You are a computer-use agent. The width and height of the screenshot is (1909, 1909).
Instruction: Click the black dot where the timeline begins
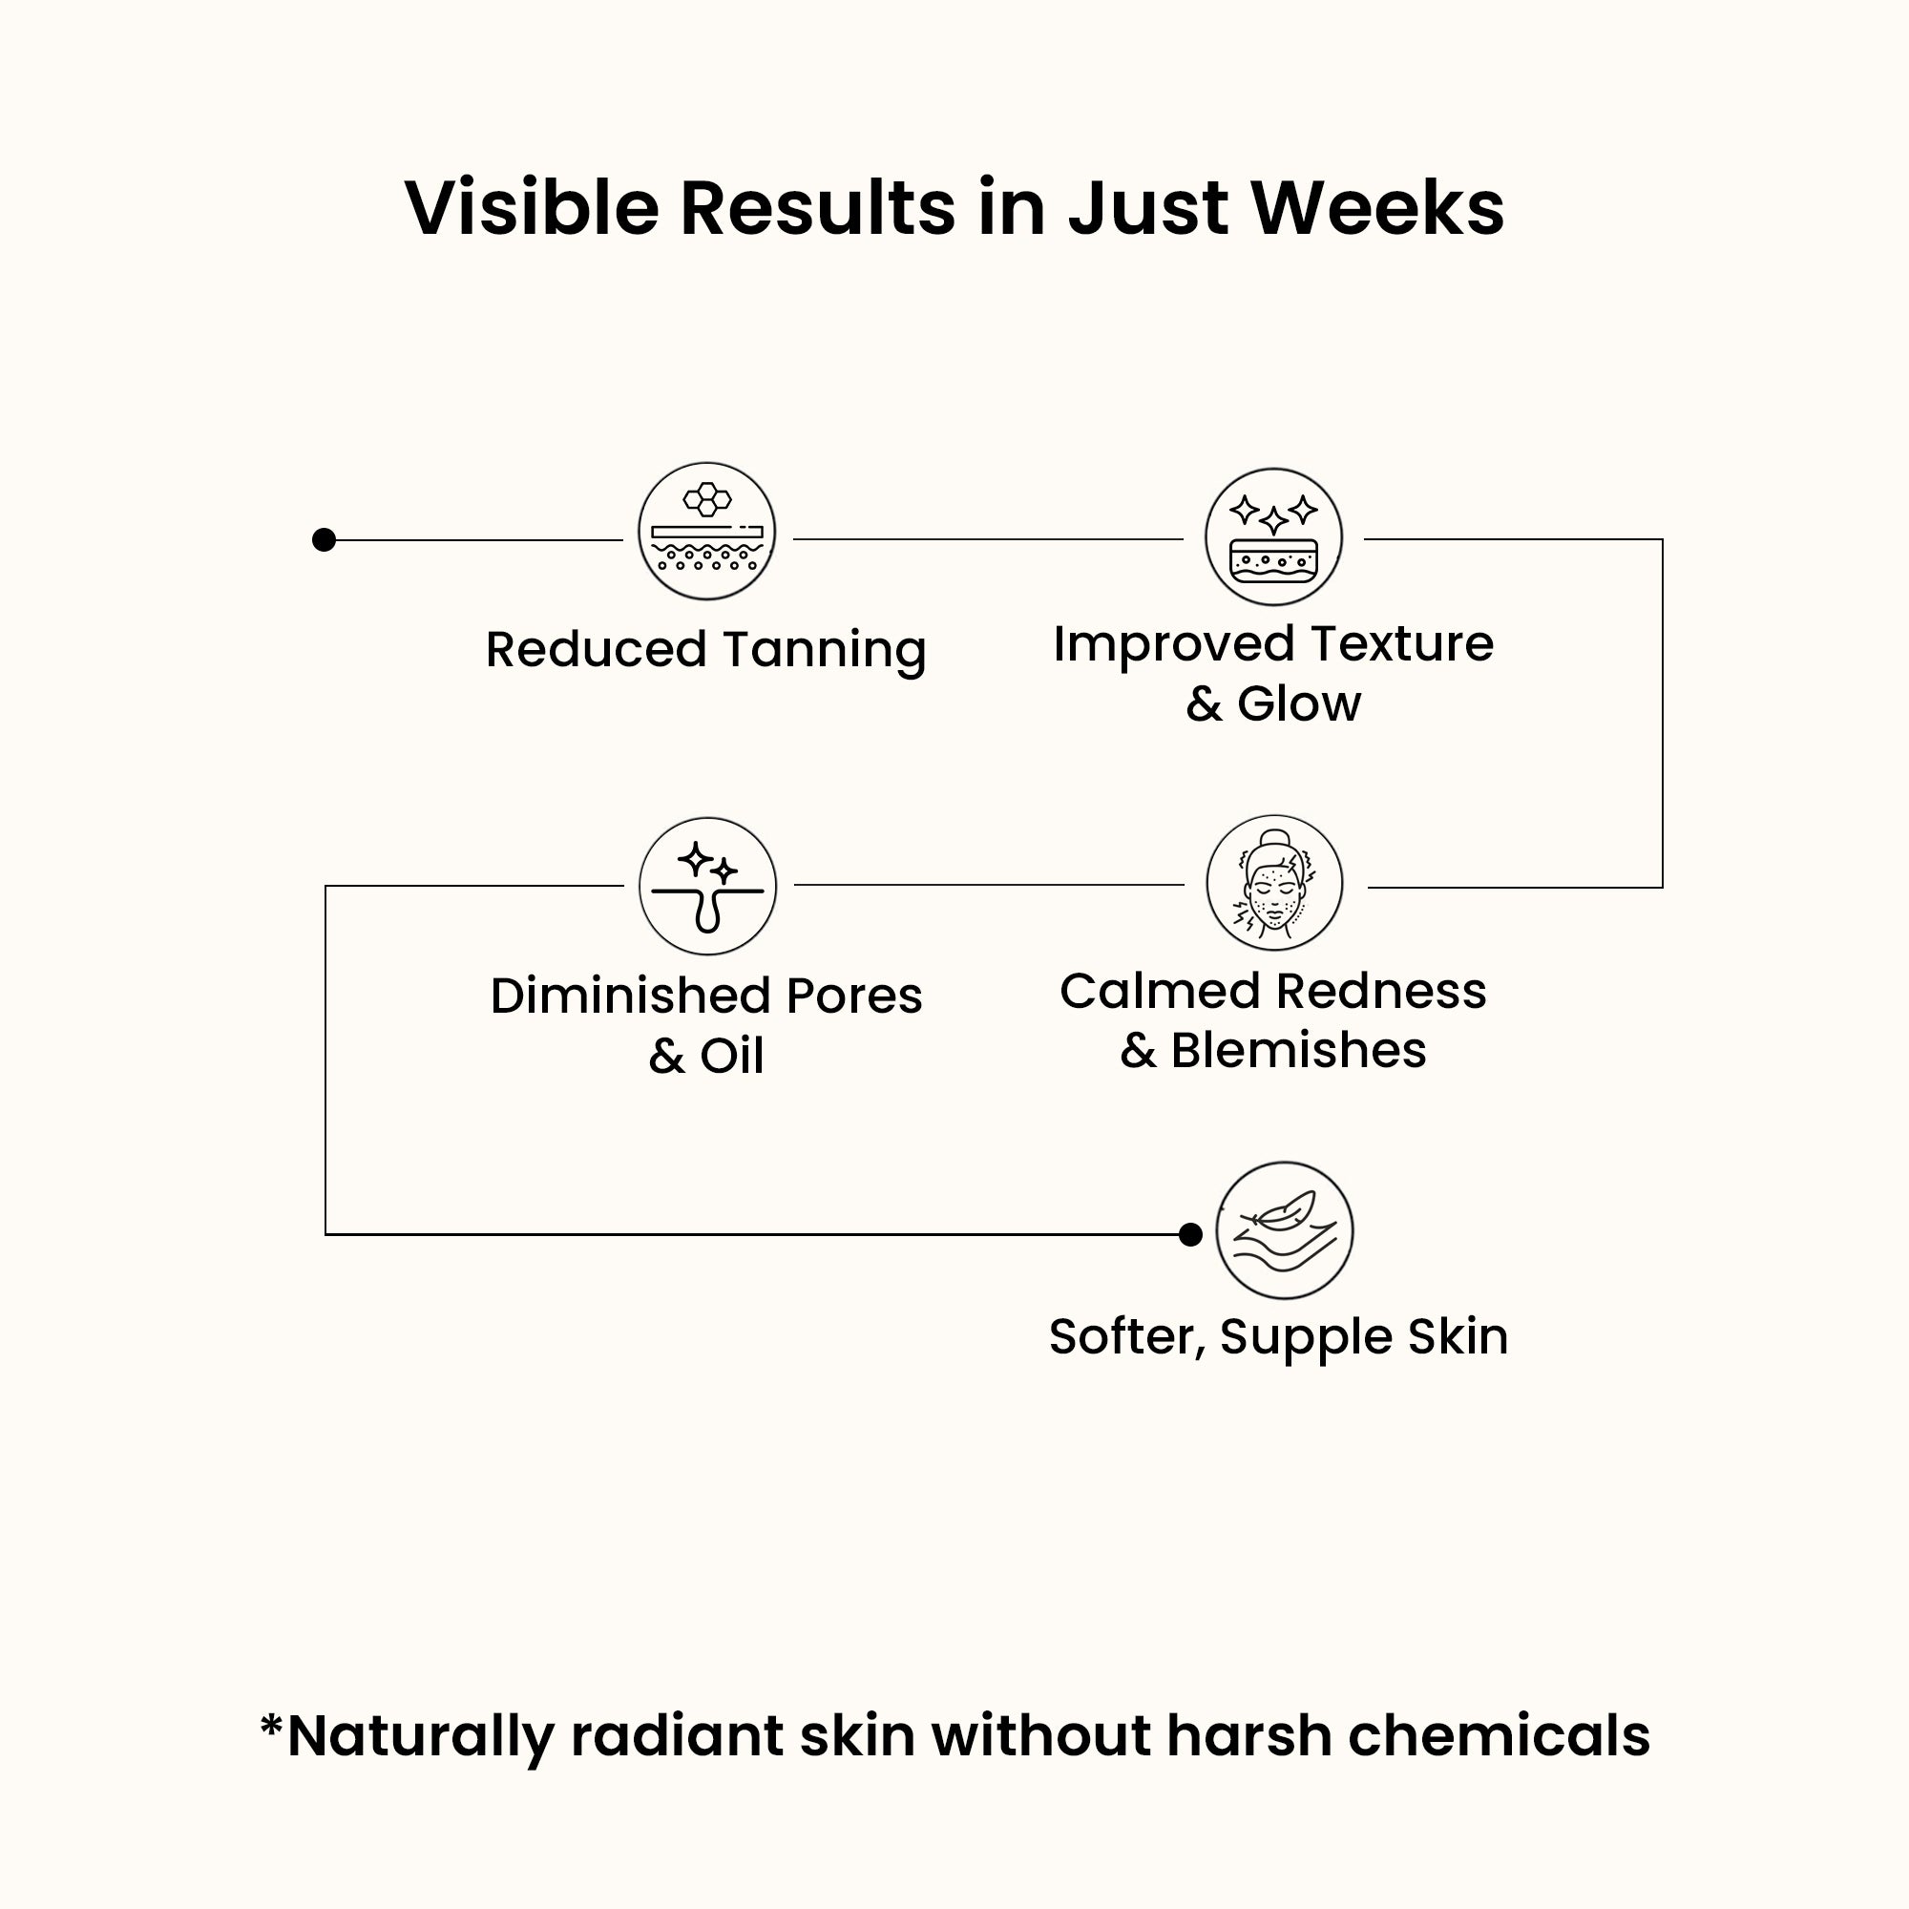coord(325,539)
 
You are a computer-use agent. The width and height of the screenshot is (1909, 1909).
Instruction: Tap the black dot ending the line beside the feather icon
coord(1190,1234)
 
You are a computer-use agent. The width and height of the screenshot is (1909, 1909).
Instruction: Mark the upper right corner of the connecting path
coord(1663,539)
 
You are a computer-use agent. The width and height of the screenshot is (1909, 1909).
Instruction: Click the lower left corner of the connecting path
coord(326,1234)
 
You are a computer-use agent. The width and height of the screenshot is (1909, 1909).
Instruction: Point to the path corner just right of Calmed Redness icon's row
coord(1663,888)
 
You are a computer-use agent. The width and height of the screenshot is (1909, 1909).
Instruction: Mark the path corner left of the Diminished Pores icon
coord(326,887)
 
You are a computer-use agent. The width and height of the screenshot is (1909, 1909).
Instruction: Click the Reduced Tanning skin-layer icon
coord(706,532)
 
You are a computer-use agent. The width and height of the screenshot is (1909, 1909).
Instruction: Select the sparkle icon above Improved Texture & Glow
coord(1273,537)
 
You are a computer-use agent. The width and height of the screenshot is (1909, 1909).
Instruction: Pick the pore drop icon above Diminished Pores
coord(707,887)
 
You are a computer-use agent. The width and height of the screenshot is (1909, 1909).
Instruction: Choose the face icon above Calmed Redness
coord(1274,883)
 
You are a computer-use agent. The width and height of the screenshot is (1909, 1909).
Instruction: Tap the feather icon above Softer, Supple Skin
coord(1285,1230)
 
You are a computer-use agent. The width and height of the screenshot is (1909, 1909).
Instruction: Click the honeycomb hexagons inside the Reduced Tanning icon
coord(707,499)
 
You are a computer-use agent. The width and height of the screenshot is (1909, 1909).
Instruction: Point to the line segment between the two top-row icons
coord(988,539)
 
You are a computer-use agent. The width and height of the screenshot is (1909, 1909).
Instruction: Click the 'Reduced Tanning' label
coord(706,650)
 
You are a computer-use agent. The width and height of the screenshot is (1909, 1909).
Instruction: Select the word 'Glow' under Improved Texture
coord(1299,703)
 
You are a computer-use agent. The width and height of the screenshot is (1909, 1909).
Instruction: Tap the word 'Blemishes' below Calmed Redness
coord(1298,1049)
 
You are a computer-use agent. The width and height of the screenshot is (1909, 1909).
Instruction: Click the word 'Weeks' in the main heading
coord(1377,208)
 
